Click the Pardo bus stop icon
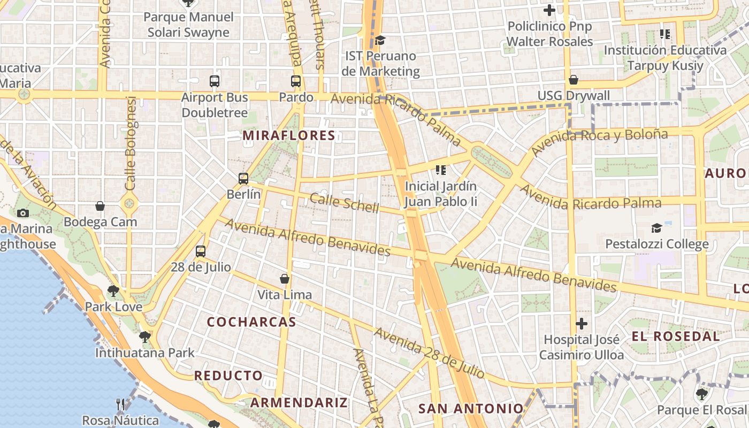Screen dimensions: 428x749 click(296, 81)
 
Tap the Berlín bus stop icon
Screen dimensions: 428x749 click(243, 178)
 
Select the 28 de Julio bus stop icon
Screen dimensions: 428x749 click(201, 251)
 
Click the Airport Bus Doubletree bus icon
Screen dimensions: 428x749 click(215, 81)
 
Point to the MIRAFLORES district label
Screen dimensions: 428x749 click(289, 136)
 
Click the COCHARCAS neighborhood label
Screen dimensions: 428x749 click(251, 322)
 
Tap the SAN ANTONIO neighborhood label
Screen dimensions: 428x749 click(471, 409)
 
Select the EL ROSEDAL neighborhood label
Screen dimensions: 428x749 click(676, 337)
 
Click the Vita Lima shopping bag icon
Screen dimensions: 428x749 click(285, 279)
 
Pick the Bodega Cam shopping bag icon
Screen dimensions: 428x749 click(100, 206)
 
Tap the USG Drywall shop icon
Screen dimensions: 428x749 click(574, 80)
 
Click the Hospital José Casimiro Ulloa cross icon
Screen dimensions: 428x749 click(582, 324)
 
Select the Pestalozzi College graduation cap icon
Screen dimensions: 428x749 click(656, 228)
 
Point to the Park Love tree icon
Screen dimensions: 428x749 click(113, 291)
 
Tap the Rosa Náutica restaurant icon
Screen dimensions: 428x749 click(120, 404)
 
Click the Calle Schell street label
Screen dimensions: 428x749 click(344, 203)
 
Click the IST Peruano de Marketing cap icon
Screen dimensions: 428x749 click(380, 40)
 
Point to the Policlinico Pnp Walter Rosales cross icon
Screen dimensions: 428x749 click(549, 10)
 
